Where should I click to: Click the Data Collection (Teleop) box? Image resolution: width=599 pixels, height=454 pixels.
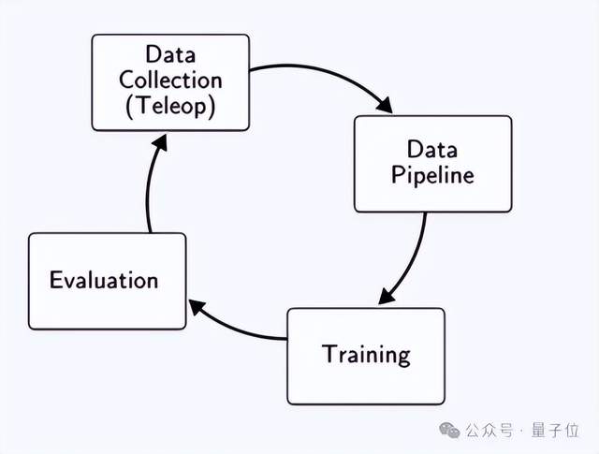pyautogui.click(x=169, y=82)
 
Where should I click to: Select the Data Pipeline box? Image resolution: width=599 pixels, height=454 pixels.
pyautogui.click(x=431, y=164)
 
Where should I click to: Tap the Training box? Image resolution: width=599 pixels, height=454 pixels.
pyautogui.click(x=366, y=355)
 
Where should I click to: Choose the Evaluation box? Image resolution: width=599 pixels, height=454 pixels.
pyautogui.click(x=107, y=281)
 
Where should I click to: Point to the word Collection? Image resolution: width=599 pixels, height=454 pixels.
pyautogui.click(x=169, y=81)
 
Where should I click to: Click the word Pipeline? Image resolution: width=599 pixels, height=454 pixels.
pyautogui.click(x=432, y=175)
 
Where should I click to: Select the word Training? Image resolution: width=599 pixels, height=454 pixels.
pyautogui.click(x=366, y=355)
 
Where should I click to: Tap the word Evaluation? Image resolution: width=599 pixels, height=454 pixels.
pyautogui.click(x=104, y=280)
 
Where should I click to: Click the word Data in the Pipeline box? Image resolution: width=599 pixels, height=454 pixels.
pyautogui.click(x=431, y=149)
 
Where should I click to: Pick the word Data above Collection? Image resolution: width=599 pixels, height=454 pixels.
pyautogui.click(x=169, y=55)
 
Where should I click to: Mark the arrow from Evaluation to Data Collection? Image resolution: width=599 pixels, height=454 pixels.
pyautogui.click(x=150, y=187)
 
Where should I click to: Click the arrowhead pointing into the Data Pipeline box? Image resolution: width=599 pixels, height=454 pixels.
pyautogui.click(x=384, y=106)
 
